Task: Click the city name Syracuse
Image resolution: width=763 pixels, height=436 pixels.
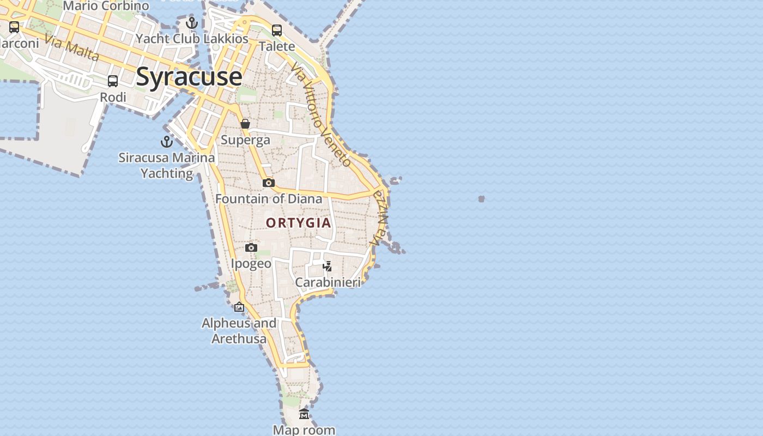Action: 189,76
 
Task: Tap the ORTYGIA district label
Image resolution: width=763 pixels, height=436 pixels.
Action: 298,222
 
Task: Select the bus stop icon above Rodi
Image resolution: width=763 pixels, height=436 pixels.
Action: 113,81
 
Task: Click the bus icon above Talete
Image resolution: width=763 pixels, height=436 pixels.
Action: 277,31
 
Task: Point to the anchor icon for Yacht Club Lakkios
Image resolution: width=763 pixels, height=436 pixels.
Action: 191,23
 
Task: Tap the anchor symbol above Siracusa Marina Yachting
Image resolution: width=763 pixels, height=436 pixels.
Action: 166,142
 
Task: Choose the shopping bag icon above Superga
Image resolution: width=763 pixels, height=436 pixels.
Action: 245,124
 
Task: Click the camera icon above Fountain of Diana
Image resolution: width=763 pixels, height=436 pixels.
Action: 269,183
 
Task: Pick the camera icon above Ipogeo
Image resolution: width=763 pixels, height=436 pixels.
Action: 251,248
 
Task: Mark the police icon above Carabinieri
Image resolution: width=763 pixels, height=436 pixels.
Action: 327,266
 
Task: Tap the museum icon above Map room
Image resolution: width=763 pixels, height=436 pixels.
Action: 304,414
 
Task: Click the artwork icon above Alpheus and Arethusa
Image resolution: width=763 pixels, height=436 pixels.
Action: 239,307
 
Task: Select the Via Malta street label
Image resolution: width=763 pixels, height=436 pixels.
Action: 72,48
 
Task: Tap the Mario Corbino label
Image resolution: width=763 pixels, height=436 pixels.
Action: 106,6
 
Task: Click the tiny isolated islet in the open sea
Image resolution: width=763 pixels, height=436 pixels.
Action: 481,199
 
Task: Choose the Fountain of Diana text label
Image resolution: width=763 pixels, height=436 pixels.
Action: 269,199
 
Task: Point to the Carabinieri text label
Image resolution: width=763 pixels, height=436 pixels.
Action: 328,282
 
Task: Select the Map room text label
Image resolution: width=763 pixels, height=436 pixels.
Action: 304,430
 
